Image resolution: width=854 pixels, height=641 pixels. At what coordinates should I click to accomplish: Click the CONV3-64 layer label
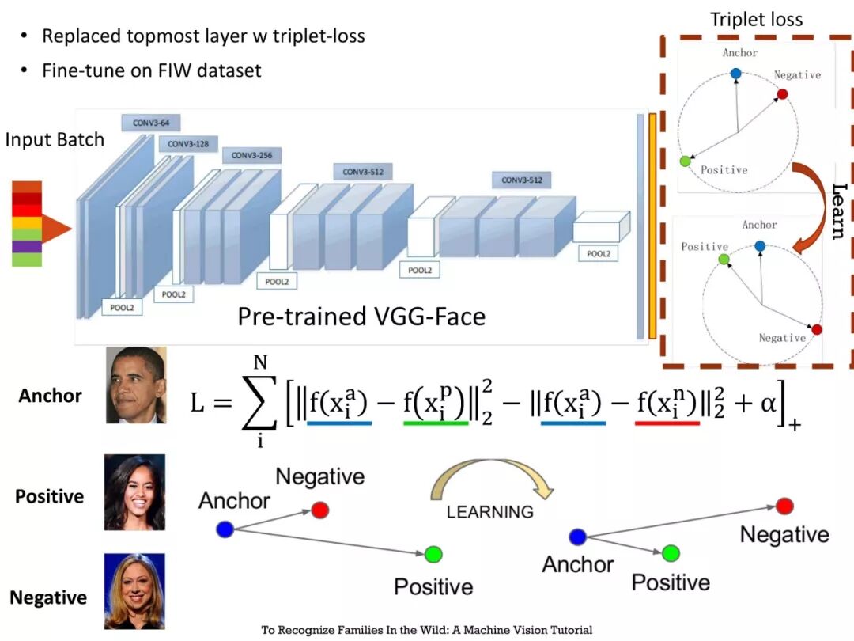(x=151, y=123)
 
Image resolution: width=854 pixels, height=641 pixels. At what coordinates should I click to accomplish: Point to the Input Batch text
(x=55, y=140)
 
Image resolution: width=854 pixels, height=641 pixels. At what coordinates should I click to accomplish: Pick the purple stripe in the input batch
(x=27, y=247)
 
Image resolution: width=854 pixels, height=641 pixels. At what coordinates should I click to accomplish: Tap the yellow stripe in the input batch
(x=27, y=222)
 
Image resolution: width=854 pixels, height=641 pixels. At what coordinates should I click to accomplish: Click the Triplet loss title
(x=756, y=19)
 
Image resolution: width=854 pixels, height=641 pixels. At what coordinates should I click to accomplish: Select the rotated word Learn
(x=840, y=211)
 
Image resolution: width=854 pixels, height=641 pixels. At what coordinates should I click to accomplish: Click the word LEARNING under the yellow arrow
(x=489, y=511)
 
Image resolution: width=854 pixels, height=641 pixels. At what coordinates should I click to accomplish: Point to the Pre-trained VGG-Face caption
(x=361, y=317)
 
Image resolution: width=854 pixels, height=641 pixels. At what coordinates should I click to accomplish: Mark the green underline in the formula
(x=435, y=423)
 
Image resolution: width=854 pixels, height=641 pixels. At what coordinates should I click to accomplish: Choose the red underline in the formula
(x=667, y=423)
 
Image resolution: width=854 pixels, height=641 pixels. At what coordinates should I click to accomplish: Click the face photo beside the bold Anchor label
(x=135, y=385)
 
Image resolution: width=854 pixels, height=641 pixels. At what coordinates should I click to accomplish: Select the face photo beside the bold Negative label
(x=134, y=591)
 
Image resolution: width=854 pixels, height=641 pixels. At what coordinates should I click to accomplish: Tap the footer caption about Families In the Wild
(x=427, y=631)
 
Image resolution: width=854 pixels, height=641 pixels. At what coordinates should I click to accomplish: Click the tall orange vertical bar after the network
(x=652, y=226)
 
